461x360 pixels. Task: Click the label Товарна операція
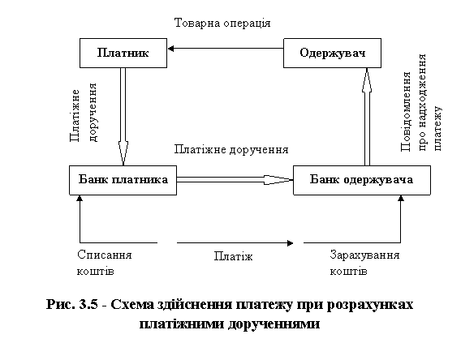222,23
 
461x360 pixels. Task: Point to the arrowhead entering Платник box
170,49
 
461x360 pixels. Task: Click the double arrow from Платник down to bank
123,117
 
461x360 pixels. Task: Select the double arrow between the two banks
235,180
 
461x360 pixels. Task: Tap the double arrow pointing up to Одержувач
367,117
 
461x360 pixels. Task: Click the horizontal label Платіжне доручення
231,149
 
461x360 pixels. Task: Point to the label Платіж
233,256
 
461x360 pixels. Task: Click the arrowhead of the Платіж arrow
291,243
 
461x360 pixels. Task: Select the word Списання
105,255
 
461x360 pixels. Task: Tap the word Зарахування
364,255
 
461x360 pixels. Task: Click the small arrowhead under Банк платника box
80,198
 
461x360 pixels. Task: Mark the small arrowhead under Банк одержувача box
401,198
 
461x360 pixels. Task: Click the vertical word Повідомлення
406,112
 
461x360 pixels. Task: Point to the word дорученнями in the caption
274,324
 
